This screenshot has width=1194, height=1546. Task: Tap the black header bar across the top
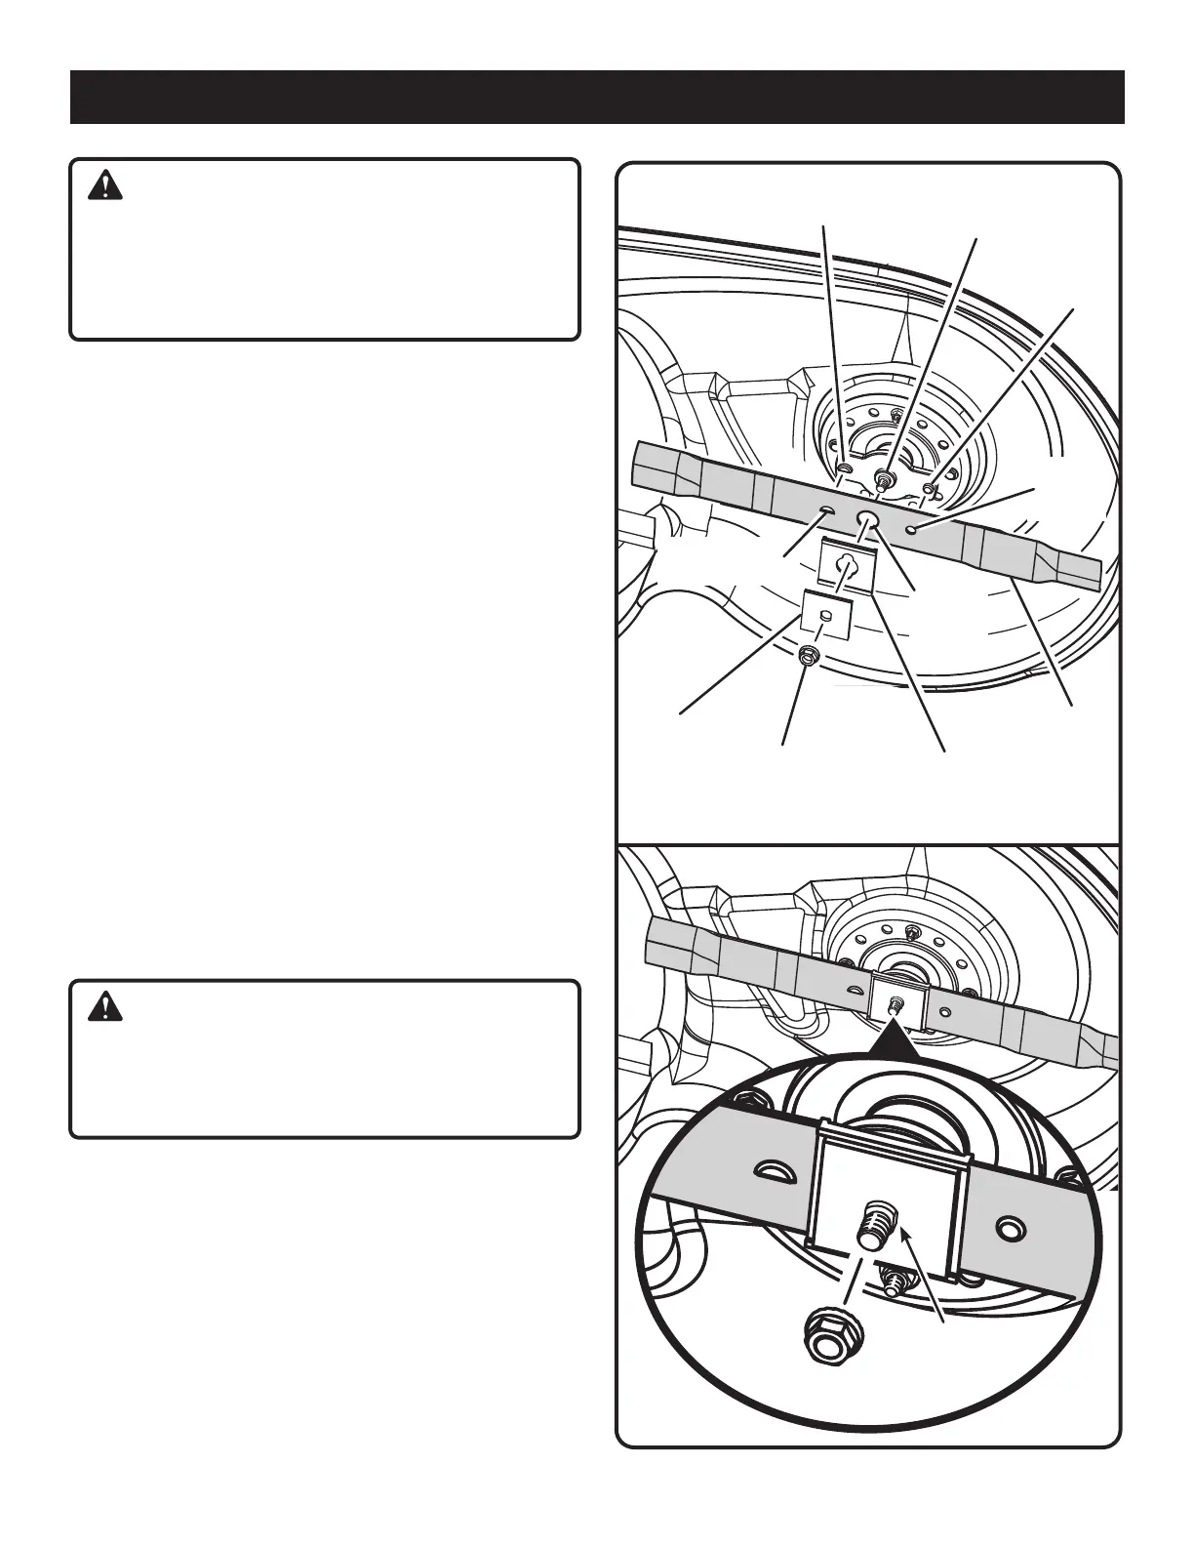597,97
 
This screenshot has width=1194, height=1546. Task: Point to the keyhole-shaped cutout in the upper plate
846,564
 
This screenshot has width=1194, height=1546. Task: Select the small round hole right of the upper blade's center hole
911,529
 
